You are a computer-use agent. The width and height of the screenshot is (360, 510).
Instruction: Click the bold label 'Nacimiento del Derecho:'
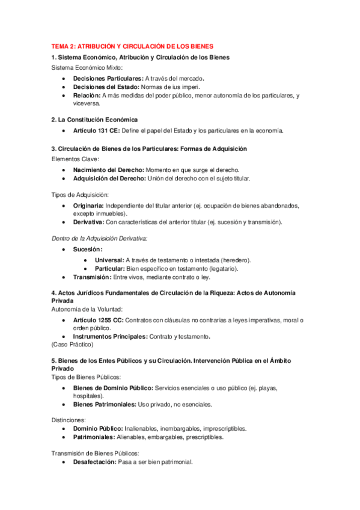[x=108, y=170]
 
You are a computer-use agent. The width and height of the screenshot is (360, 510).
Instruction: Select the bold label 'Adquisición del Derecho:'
[x=109, y=179]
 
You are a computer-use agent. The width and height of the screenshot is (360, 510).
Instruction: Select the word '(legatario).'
[x=239, y=268]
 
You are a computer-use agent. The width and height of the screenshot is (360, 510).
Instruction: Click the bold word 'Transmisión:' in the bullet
[x=92, y=277]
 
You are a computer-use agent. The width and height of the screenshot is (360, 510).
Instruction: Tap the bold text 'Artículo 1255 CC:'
[x=98, y=320]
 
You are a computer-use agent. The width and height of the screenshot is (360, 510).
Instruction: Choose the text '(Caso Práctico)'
[x=72, y=345]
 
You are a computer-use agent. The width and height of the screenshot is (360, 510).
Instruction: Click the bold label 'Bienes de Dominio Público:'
[x=111, y=388]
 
